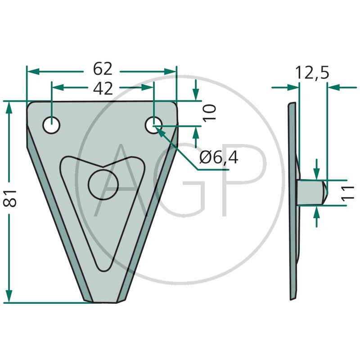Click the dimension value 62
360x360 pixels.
[103, 69]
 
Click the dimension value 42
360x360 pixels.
[103, 88]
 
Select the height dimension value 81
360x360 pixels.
[10, 198]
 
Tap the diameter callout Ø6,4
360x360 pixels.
[219, 158]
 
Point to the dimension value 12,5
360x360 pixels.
[312, 72]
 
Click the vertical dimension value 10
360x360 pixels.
[209, 112]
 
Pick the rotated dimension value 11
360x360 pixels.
[347, 193]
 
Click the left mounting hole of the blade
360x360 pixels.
[51, 125]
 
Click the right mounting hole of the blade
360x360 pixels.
[153, 125]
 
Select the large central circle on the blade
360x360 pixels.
[103, 185]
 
